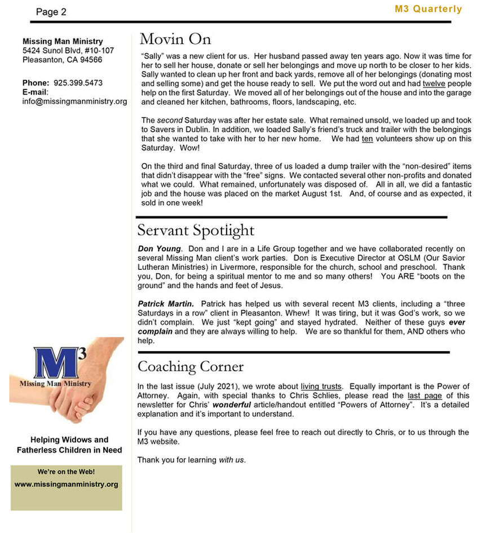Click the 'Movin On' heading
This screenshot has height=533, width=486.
(x=175, y=39)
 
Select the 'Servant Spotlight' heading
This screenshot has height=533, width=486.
(x=196, y=230)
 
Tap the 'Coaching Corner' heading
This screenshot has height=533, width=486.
(x=191, y=367)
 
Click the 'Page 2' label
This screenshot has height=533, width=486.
(x=51, y=12)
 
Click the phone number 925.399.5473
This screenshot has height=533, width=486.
(x=78, y=83)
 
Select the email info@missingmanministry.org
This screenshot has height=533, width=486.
(x=74, y=101)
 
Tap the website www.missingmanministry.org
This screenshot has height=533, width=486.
(x=66, y=484)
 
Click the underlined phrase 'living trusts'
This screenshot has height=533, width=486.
(x=321, y=387)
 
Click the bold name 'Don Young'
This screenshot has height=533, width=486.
(x=160, y=248)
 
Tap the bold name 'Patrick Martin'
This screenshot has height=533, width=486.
(x=166, y=304)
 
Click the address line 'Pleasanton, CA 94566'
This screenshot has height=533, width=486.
(x=62, y=60)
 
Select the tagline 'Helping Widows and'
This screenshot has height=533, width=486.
(x=69, y=439)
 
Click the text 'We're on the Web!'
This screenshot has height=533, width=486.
(x=66, y=471)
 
